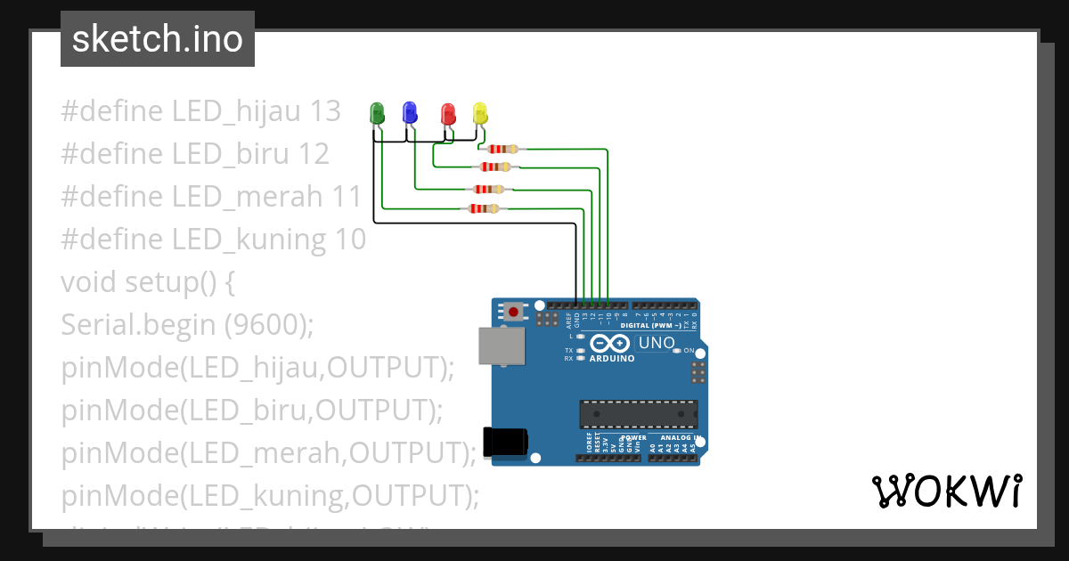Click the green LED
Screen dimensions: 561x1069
(377, 113)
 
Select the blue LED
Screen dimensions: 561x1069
(410, 112)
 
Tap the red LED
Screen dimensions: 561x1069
(448, 113)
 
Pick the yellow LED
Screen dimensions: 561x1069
(480, 113)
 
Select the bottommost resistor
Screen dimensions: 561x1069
(484, 208)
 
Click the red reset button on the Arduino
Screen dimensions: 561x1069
(515, 311)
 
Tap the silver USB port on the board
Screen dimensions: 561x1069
(502, 346)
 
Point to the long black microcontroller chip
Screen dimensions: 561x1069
(638, 414)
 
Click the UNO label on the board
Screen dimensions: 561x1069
(658, 343)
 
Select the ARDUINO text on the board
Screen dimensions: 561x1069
(612, 359)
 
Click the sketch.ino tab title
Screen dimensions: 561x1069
(158, 39)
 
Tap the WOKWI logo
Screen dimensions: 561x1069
(946, 492)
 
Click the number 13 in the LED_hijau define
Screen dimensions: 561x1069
(325, 111)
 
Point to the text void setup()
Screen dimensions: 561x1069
(147, 282)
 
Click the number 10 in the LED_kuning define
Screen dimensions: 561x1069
(350, 240)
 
